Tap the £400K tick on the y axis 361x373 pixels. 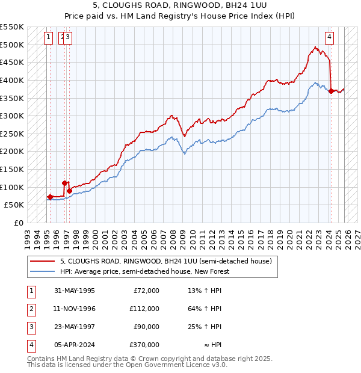(x=12, y=80)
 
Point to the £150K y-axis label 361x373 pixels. (x=12, y=169)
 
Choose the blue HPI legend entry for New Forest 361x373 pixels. (x=144, y=271)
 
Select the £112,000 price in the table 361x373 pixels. (x=144, y=309)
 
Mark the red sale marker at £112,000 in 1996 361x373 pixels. (x=64, y=183)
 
